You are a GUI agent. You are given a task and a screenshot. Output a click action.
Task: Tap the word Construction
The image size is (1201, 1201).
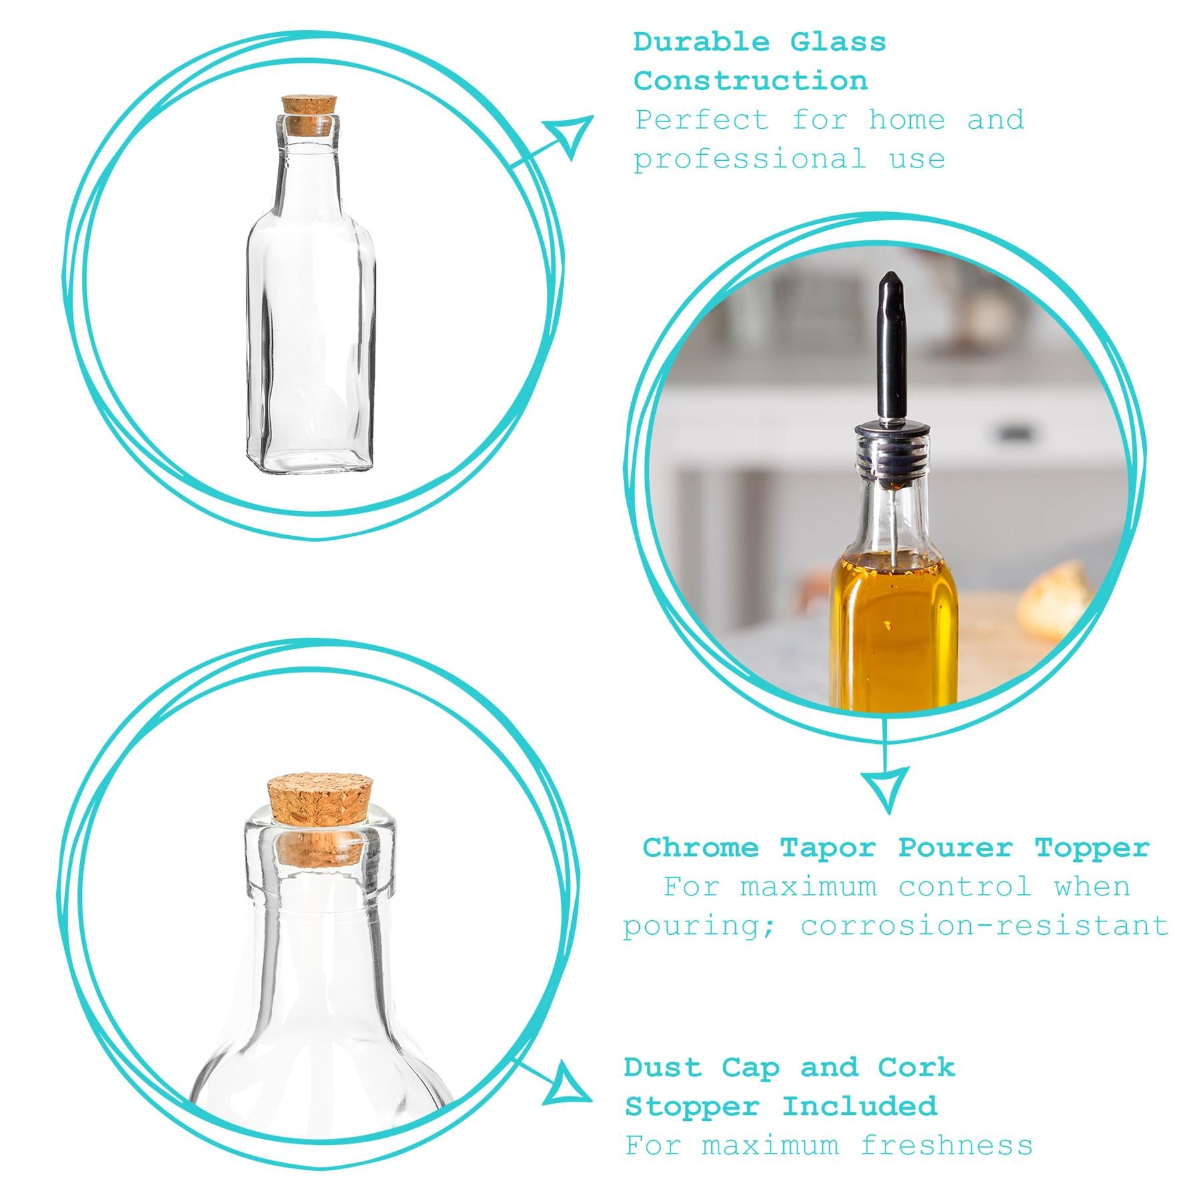tap(751, 81)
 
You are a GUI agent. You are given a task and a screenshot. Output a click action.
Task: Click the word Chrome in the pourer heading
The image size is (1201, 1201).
tap(700, 848)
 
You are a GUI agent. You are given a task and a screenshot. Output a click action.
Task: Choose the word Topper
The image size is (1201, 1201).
tap(1092, 848)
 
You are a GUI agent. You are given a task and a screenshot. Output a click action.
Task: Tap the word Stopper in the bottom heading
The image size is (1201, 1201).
tap(692, 1107)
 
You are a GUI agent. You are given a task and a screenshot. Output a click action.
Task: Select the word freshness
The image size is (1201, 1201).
tap(945, 1146)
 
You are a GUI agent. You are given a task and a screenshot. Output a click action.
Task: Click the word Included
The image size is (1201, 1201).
tap(859, 1107)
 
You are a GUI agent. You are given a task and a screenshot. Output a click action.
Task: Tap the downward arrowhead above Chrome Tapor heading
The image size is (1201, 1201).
tap(885, 787)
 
